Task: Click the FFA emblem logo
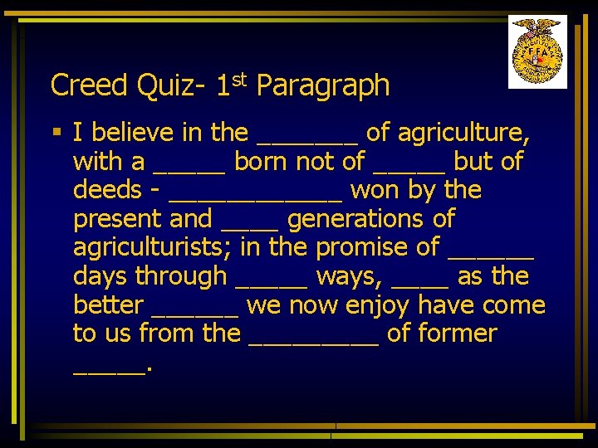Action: [x=537, y=51]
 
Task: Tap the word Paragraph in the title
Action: [x=323, y=85]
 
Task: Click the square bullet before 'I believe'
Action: [x=56, y=132]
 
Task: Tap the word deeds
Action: [x=107, y=190]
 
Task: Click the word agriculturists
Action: [x=148, y=248]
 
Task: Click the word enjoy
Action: [x=377, y=305]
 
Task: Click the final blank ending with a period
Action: [x=109, y=371]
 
